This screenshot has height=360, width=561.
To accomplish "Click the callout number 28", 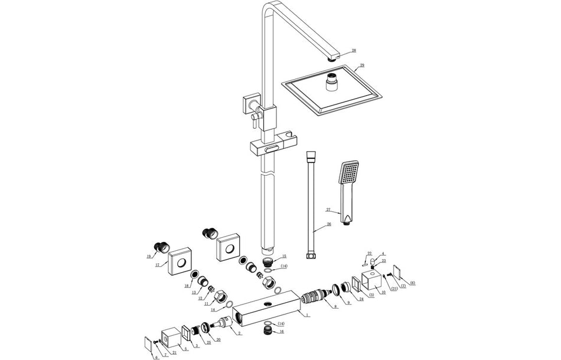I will coord(354,51).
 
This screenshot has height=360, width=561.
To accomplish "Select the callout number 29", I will coord(362,65).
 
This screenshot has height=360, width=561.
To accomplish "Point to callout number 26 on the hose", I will coord(329,224).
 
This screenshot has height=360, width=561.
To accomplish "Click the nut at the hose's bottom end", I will coord(311,256).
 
